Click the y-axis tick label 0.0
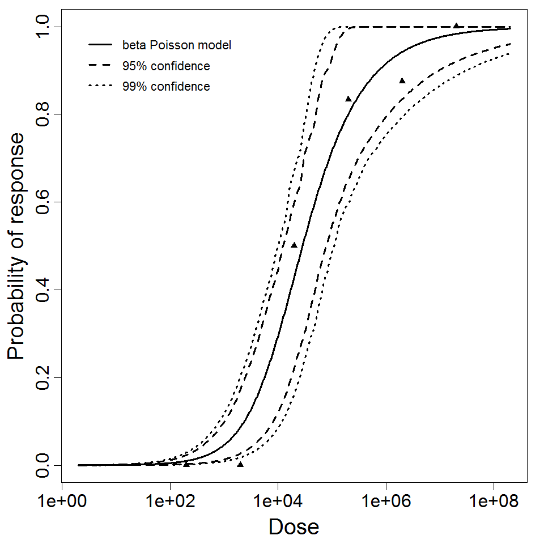(43, 465)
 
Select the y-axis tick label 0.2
(43, 377)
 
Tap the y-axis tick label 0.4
(43, 290)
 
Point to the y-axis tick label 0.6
(43, 202)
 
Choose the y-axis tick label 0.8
(43, 114)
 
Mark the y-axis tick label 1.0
(43, 27)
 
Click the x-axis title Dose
(294, 528)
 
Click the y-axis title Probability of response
(16, 246)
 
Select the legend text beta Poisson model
(176, 45)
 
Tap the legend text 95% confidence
(166, 66)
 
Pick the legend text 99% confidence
(166, 87)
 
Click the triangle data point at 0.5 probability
(294, 245)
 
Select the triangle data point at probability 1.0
(456, 25)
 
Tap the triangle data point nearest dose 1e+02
(186, 464)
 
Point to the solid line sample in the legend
(100, 45)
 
